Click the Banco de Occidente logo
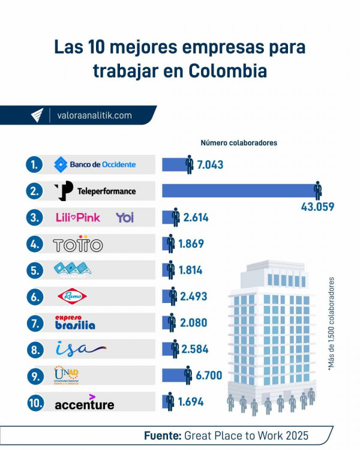click(95, 164)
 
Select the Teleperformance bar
click(240, 191)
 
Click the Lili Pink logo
click(77, 217)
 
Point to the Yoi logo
click(125, 217)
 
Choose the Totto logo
click(78, 245)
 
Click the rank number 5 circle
click(34, 271)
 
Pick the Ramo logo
click(76, 296)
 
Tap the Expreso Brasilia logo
click(75, 322)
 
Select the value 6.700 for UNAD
click(209, 376)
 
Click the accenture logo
click(84, 404)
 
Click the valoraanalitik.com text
click(94, 115)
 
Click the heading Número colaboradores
click(239, 143)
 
